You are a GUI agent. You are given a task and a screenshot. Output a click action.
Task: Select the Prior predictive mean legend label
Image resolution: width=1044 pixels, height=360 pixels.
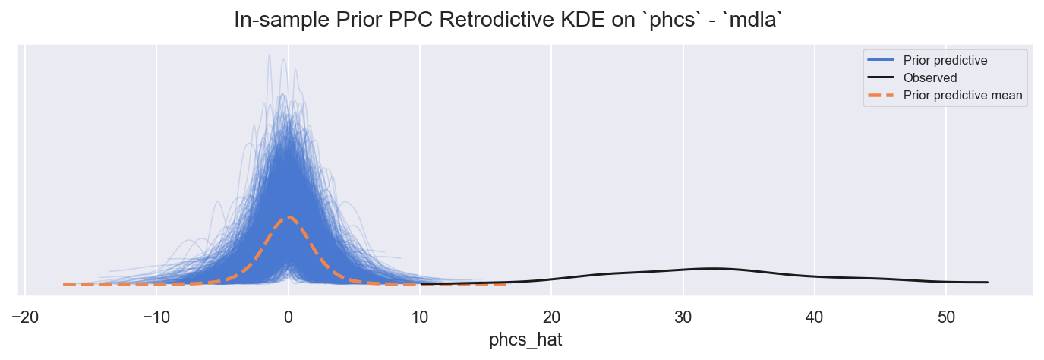pos(962,96)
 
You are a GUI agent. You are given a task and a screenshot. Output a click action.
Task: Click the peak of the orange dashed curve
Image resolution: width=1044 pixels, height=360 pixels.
pos(289,217)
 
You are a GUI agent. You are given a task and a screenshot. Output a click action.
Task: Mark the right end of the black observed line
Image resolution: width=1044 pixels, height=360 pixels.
pos(988,283)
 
